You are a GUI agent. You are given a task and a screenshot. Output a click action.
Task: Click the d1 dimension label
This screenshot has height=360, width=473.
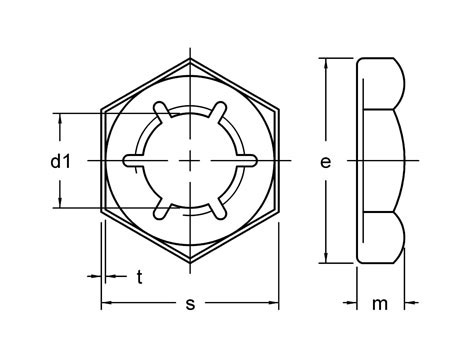click(x=33, y=161)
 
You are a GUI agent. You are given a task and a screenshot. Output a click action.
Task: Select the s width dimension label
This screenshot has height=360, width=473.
click(x=191, y=304)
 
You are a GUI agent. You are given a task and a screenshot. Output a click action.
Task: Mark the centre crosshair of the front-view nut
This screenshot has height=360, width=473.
click(x=190, y=159)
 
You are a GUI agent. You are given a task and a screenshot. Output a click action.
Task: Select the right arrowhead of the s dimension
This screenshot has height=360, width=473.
click(x=274, y=303)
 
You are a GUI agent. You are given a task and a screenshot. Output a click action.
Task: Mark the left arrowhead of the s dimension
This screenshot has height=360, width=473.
click(x=105, y=303)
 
